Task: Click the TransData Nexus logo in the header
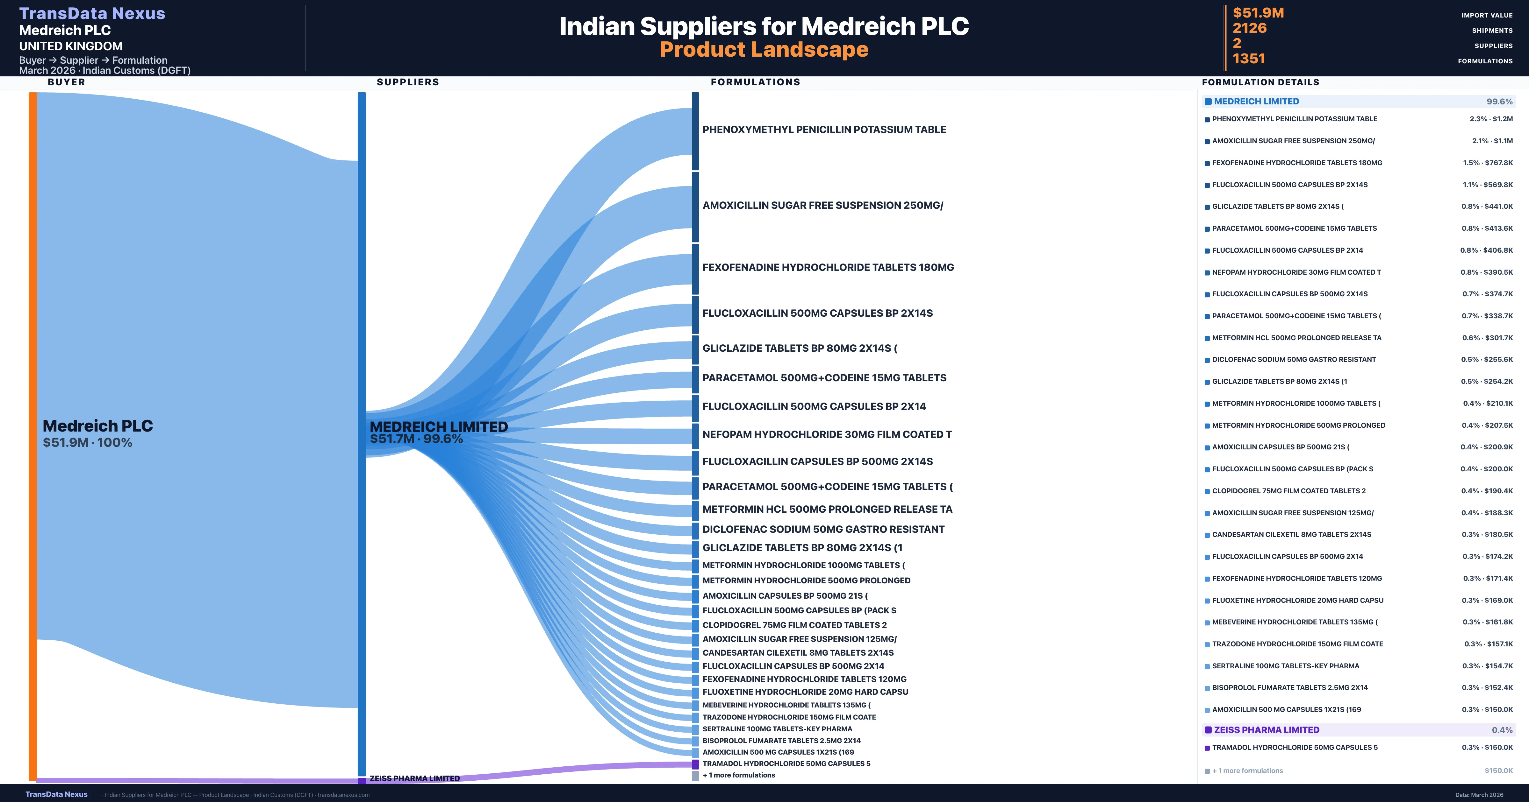point(92,13)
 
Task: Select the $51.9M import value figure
point(1258,12)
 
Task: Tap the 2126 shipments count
point(1249,28)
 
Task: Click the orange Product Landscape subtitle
point(764,49)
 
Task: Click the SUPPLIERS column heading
point(408,82)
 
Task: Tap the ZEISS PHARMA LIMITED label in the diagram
point(415,778)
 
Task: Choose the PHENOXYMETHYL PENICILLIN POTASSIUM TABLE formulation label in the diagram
point(824,129)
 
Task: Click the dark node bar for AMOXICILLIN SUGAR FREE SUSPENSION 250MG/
point(695,207)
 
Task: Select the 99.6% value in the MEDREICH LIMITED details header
point(1499,102)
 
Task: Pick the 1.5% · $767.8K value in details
point(1488,163)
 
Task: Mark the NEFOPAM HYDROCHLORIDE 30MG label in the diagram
point(827,434)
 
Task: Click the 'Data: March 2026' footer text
point(1479,795)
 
